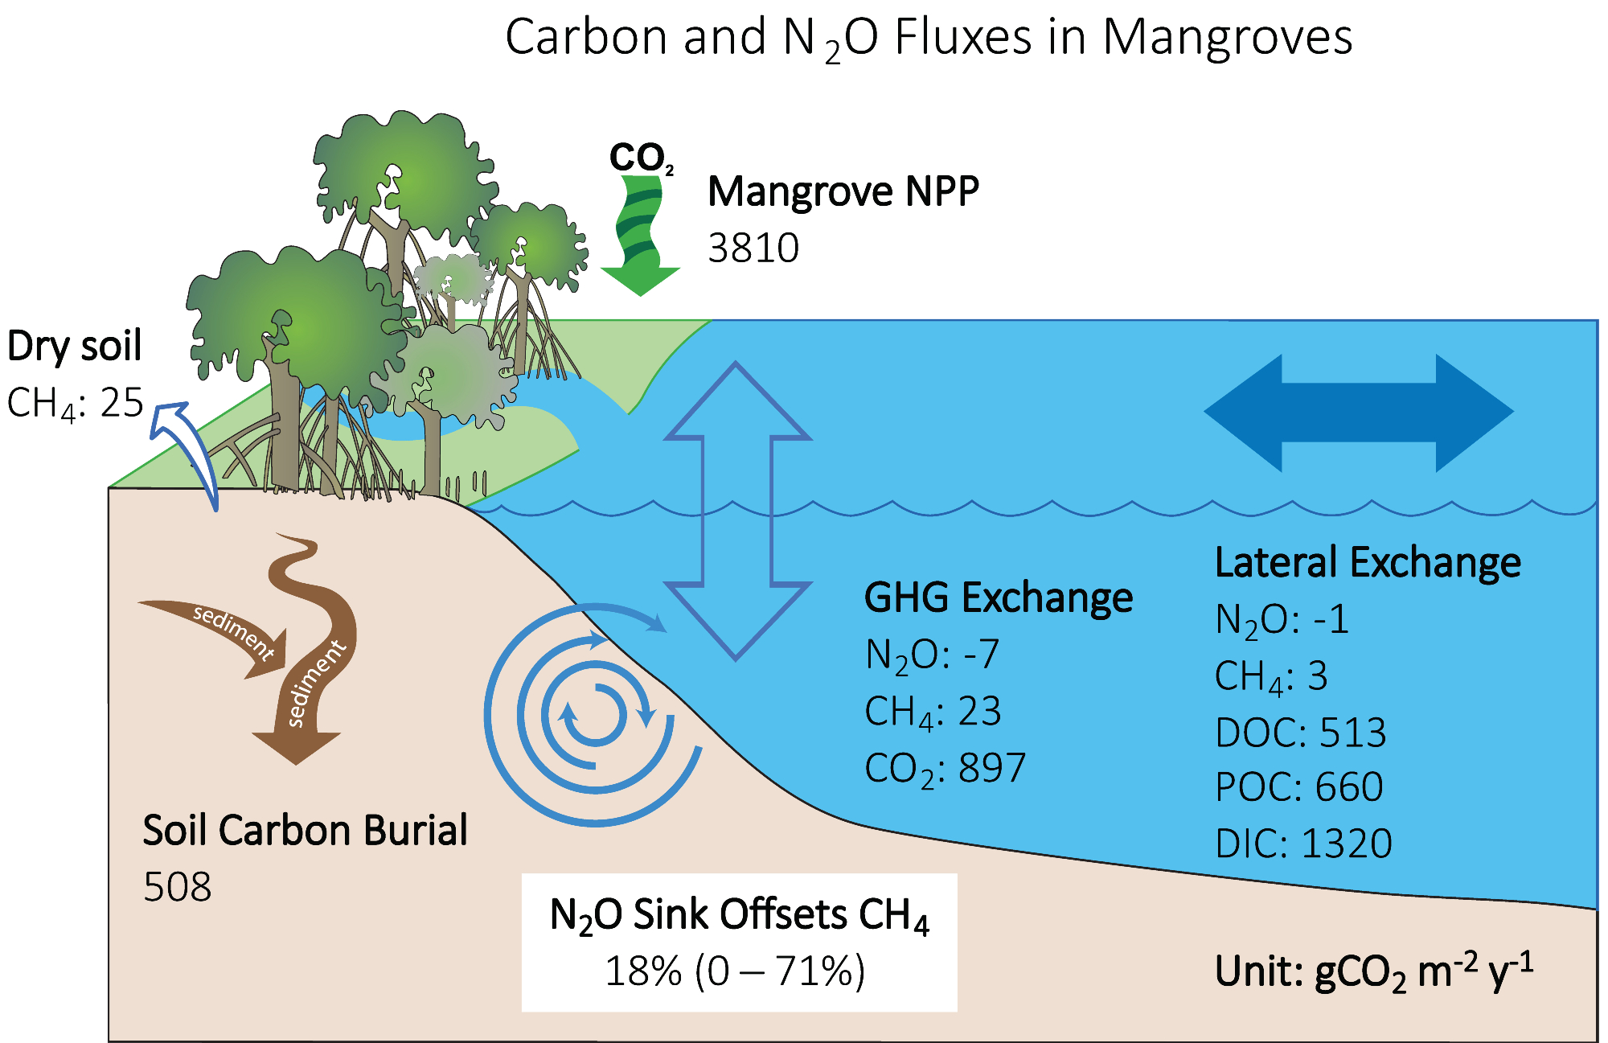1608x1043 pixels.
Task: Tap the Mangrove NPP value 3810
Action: pyautogui.click(x=753, y=248)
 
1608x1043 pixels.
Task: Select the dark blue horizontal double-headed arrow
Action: pyautogui.click(x=1359, y=412)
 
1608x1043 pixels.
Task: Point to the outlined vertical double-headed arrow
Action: pyautogui.click(x=736, y=511)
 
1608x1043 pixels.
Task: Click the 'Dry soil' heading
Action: pyautogui.click(x=74, y=347)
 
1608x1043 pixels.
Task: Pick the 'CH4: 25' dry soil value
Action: pyautogui.click(x=75, y=403)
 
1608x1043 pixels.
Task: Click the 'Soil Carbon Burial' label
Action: pyautogui.click(x=305, y=831)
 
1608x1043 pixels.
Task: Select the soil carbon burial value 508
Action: pyautogui.click(x=177, y=887)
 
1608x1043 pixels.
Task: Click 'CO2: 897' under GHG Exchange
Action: pyautogui.click(x=945, y=769)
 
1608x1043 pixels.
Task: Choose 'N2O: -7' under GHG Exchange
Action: pyautogui.click(x=932, y=655)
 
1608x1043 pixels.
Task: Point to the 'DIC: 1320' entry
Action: pyautogui.click(x=1303, y=844)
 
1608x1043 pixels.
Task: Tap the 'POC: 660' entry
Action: pyautogui.click(x=1298, y=787)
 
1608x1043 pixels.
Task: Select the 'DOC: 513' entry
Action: pyautogui.click(x=1300, y=733)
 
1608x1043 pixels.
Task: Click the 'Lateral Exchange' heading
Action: pyautogui.click(x=1368, y=562)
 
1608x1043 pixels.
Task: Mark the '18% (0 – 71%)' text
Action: pyautogui.click(x=735, y=971)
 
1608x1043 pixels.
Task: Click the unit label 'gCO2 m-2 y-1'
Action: pyautogui.click(x=1423, y=971)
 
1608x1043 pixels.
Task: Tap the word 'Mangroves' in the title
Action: pyautogui.click(x=1227, y=38)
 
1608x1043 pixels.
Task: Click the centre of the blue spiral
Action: pyautogui.click(x=594, y=715)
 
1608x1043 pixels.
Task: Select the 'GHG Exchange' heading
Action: pyautogui.click(x=998, y=598)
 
